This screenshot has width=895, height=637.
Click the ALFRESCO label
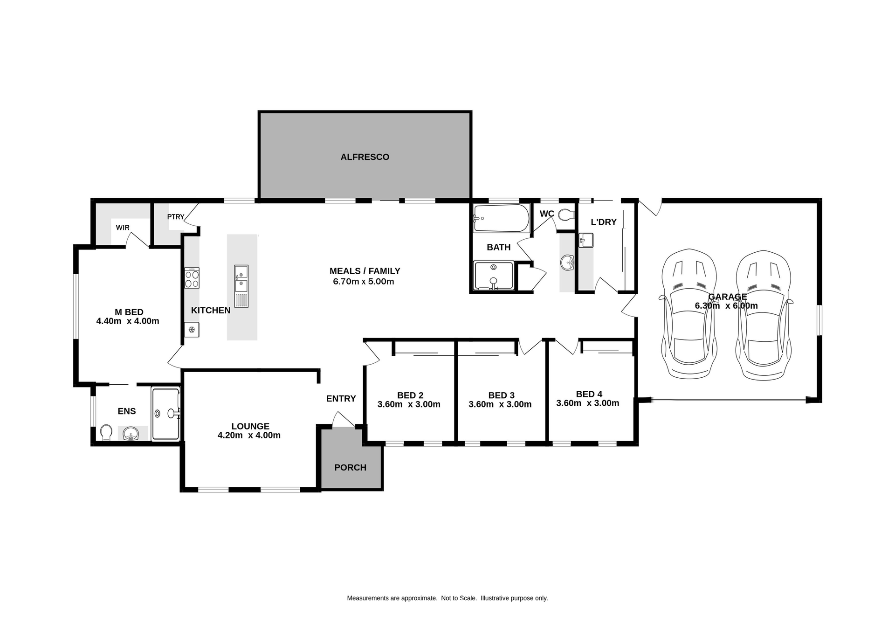pyautogui.click(x=365, y=157)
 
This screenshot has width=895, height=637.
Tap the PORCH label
pyautogui.click(x=350, y=468)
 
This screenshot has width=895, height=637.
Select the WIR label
pyautogui.click(x=123, y=228)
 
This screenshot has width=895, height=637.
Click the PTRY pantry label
pyautogui.click(x=176, y=217)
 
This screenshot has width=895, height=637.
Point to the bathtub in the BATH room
pyautogui.click(x=501, y=218)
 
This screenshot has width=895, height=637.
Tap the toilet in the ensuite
pyautogui.click(x=106, y=433)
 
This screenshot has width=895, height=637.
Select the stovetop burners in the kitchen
pyautogui.click(x=192, y=278)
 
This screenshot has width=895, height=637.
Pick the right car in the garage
pyautogui.click(x=763, y=315)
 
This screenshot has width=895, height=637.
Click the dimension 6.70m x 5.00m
pyautogui.click(x=364, y=282)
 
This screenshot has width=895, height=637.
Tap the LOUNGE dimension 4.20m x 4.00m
pyautogui.click(x=249, y=436)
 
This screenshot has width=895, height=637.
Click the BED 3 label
pyautogui.click(x=501, y=395)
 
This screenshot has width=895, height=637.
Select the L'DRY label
pyautogui.click(x=604, y=222)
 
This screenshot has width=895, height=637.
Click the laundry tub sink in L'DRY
pyautogui.click(x=585, y=241)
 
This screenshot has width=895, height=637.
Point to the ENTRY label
pyautogui.click(x=341, y=399)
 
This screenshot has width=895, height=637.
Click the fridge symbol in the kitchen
pyautogui.click(x=191, y=330)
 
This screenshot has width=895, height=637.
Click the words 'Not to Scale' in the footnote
pyautogui.click(x=459, y=598)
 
